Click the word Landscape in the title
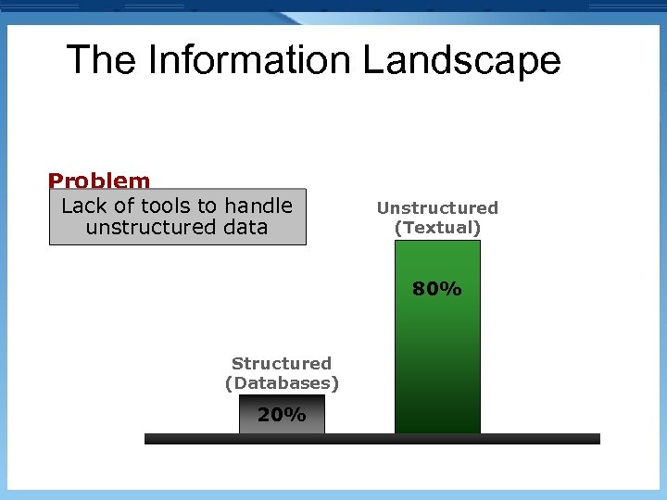pyautogui.click(x=461, y=61)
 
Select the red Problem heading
pyautogui.click(x=99, y=181)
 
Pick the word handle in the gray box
pyautogui.click(x=258, y=206)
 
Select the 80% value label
pyautogui.click(x=437, y=290)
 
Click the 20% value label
pyautogui.click(x=282, y=416)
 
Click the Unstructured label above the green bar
pyautogui.click(x=437, y=208)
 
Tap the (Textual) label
pyautogui.click(x=437, y=228)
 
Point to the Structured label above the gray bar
pyautogui.click(x=282, y=364)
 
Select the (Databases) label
pyautogui.click(x=282, y=383)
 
